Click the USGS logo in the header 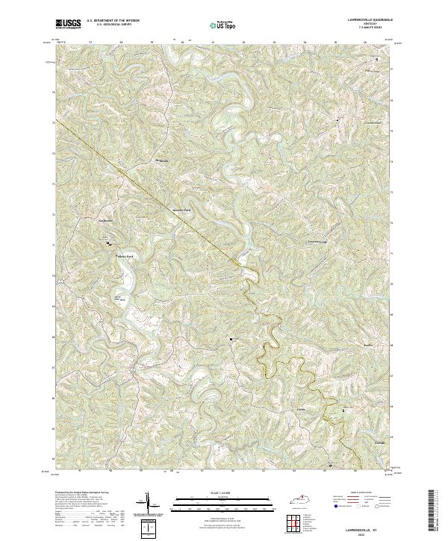tap(69, 25)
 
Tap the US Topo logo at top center tap(224, 25)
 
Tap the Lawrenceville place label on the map tap(319, 242)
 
